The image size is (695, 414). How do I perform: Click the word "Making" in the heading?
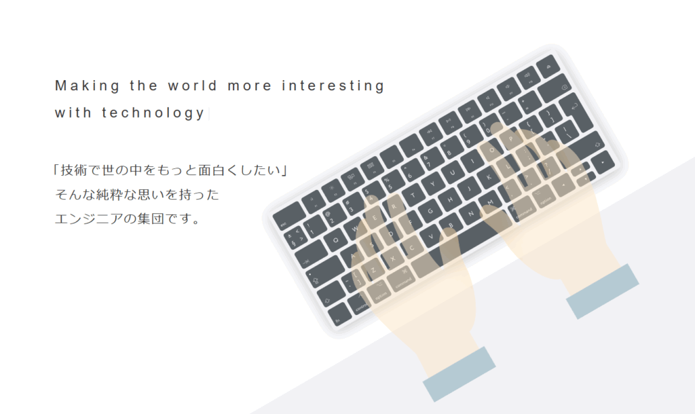click(88, 86)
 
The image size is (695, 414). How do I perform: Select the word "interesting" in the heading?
click(333, 86)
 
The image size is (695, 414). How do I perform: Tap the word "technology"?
click(153, 113)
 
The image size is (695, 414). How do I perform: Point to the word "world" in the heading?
click(193, 85)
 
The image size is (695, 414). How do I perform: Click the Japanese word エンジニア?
click(89, 219)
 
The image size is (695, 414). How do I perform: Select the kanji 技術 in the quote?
click(75, 170)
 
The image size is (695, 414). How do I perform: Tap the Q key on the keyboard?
click(335, 240)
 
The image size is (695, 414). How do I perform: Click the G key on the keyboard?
click(430, 212)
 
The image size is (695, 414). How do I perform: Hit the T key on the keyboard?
click(413, 195)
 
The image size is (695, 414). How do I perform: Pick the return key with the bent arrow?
click(576, 113)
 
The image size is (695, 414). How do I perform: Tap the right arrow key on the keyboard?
click(603, 162)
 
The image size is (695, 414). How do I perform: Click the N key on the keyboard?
click(471, 214)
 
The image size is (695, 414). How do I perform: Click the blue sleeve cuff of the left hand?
click(459, 374)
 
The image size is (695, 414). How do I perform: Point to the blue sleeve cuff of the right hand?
click(603, 291)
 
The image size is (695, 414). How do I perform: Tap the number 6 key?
click(409, 174)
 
